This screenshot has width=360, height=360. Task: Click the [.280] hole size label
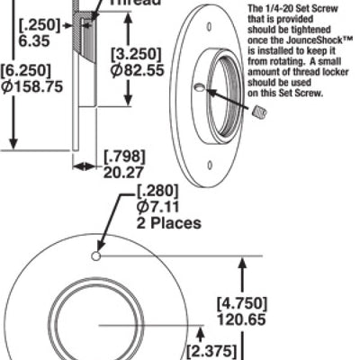(x=157, y=191)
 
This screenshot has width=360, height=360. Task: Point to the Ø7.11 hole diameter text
(x=154, y=207)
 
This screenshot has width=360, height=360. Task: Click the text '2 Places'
(x=168, y=223)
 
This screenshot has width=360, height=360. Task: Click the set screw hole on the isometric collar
(x=198, y=88)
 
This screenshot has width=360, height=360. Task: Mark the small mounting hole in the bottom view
(x=95, y=256)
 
